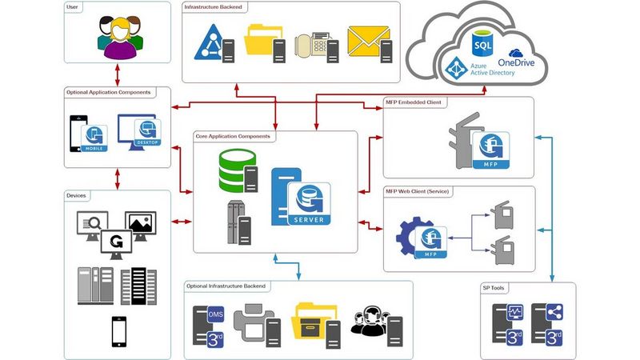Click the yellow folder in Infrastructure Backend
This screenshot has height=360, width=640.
[265, 43]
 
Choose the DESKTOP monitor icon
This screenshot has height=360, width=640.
[141, 130]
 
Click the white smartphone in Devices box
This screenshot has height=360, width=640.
[118, 331]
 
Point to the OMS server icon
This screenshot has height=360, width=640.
[209, 323]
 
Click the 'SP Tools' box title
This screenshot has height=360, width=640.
[494, 288]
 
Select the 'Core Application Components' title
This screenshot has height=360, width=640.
[233, 137]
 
